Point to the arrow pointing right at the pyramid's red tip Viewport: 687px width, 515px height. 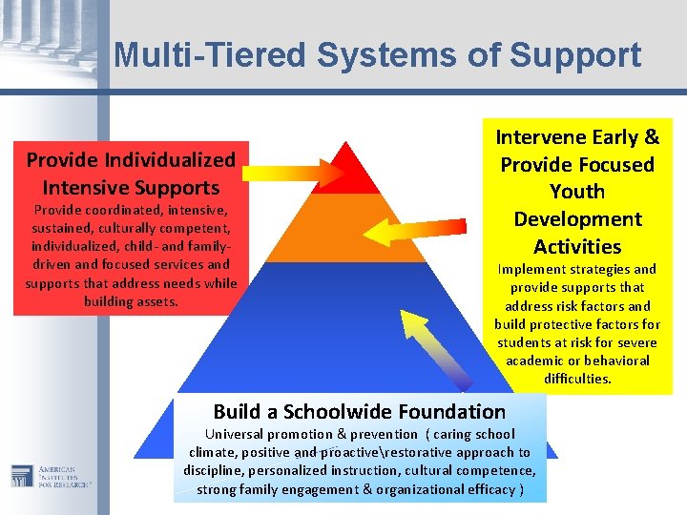coord(291,172)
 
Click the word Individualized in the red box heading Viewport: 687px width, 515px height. coord(171,159)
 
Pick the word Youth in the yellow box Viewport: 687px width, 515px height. coord(577,191)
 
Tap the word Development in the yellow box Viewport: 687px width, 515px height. coord(577,218)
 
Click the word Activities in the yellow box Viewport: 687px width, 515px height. coord(577,246)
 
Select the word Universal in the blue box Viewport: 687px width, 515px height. coord(223,434)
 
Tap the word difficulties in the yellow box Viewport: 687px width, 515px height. coord(577,379)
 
